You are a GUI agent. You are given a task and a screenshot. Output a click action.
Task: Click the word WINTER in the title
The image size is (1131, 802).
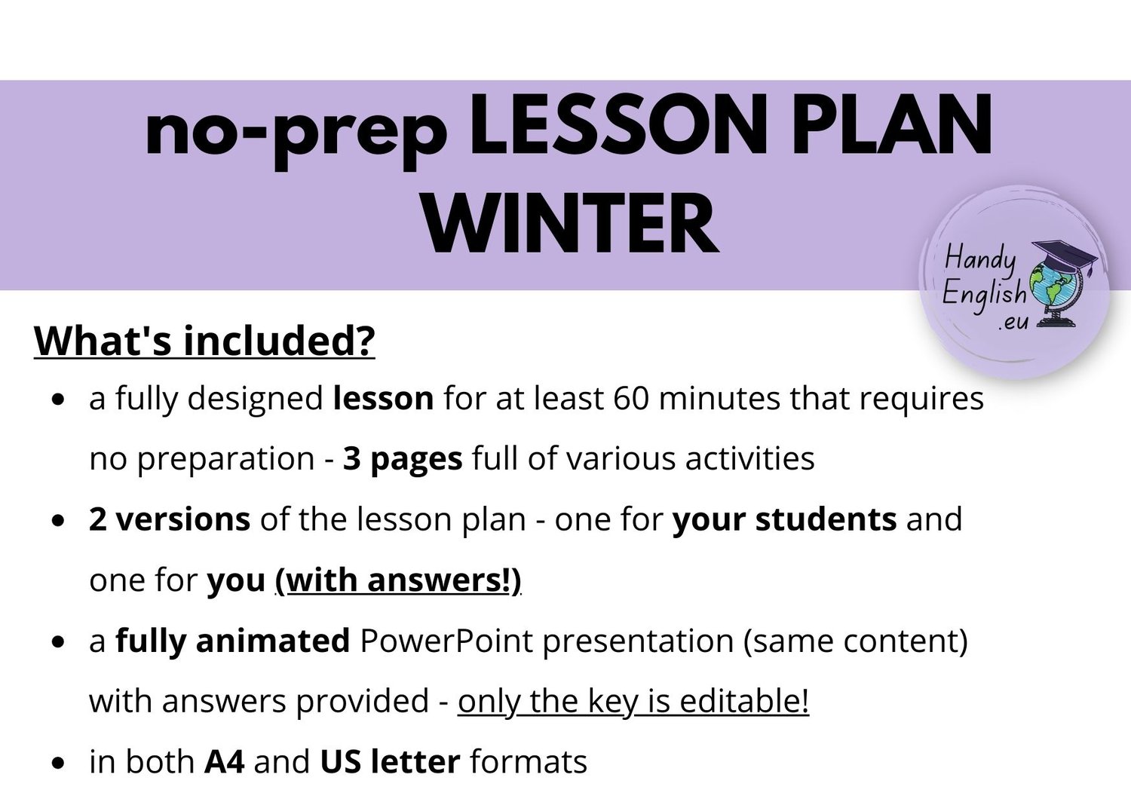tap(570, 224)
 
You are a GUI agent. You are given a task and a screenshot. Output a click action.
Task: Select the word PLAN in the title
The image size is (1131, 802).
tap(892, 124)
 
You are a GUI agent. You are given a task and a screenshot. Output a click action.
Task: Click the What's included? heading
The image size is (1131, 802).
tap(204, 341)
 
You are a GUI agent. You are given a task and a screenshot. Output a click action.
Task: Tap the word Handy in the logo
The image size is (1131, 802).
tap(980, 261)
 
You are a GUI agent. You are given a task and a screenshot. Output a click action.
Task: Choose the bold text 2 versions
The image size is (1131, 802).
tap(170, 519)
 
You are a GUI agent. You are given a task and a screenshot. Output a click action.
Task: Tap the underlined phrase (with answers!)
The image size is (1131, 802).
tap(398, 581)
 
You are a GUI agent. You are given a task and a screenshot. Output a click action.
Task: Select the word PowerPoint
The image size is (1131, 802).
tap(446, 641)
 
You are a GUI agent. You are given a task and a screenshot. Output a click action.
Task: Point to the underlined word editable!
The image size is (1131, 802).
tap(744, 702)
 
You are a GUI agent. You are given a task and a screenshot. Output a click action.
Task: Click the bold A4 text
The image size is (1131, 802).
tap(225, 762)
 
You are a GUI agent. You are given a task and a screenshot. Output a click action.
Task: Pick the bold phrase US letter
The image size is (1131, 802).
tap(391, 762)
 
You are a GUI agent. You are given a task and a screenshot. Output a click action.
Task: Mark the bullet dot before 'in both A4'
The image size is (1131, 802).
tap(59, 763)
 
